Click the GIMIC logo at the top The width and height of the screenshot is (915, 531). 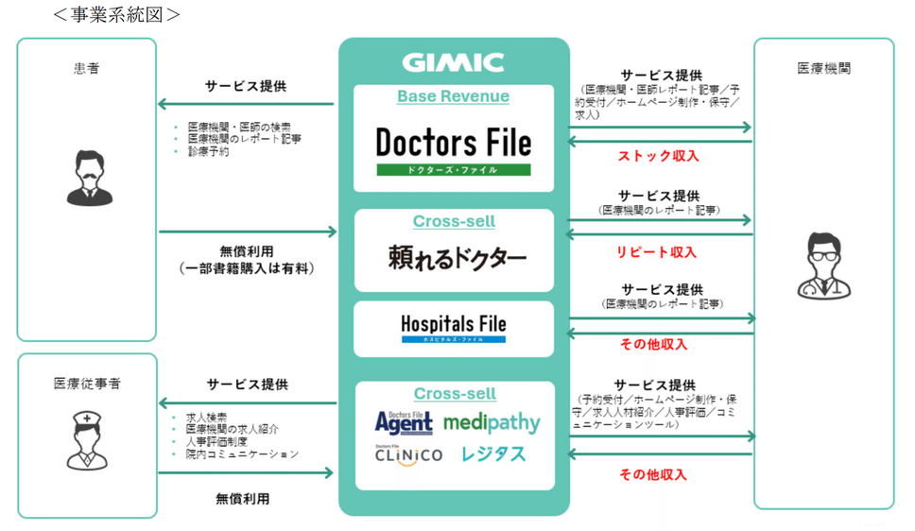pos(453,63)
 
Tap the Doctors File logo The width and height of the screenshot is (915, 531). pos(454,144)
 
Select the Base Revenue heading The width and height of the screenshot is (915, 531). pos(453,96)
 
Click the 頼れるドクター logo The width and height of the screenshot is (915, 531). pos(457,258)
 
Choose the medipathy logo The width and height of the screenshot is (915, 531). pos(492,422)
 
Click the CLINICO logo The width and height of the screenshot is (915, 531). pos(407,454)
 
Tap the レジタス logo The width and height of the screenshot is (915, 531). pos(493,454)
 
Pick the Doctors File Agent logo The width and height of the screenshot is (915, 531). pos(403,421)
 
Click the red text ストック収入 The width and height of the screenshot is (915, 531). pos(659,156)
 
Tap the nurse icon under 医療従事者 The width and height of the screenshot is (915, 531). pos(86,442)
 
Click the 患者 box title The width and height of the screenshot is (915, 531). pos(86,68)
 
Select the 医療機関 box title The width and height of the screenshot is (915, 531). pos(823,68)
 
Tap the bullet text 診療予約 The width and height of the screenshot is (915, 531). pos(208,151)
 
